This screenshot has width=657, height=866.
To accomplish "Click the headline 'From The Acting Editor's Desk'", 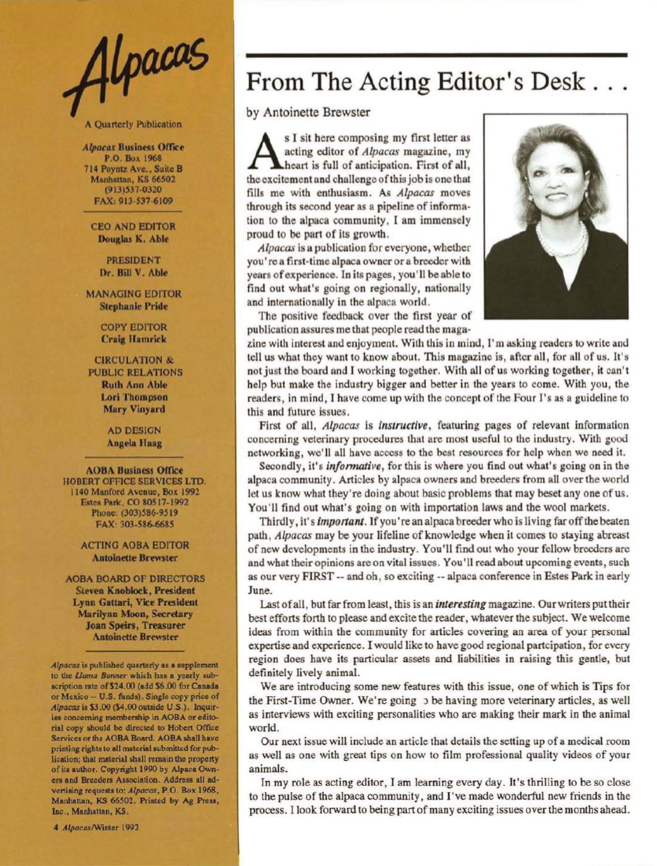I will coord(437,83).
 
